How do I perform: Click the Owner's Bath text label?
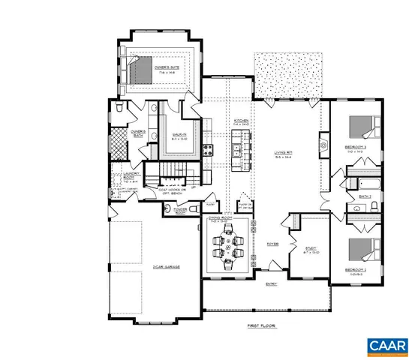pyautogui.click(x=138, y=135)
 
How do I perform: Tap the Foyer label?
pyautogui.click(x=274, y=244)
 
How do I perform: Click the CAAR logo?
pyautogui.click(x=386, y=345)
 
